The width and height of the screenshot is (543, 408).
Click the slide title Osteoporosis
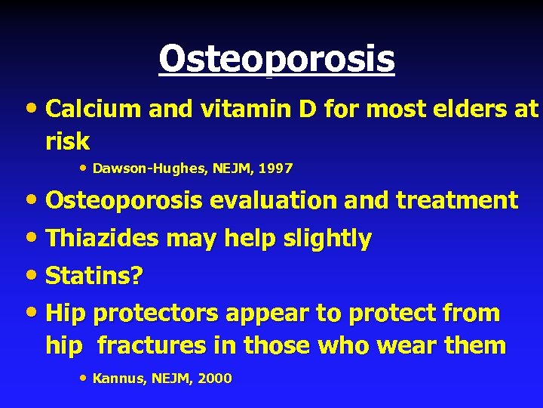(276, 59)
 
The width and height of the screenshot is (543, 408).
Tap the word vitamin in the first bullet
(232, 109)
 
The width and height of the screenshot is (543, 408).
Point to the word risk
(67, 141)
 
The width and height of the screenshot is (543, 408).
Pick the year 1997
(275, 168)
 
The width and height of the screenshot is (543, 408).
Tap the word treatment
(457, 200)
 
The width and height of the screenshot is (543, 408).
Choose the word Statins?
(94, 276)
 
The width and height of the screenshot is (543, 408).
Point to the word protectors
(159, 314)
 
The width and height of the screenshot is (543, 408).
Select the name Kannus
(116, 379)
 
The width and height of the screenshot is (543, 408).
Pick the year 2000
(214, 379)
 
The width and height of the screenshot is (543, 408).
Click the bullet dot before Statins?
(32, 276)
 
